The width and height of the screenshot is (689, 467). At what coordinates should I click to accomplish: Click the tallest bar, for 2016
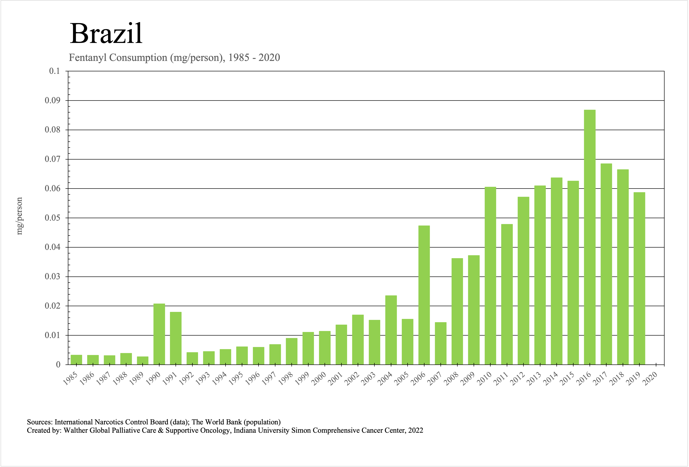590,237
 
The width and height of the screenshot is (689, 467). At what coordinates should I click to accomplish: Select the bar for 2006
424,295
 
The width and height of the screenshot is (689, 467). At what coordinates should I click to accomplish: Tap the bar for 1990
159,334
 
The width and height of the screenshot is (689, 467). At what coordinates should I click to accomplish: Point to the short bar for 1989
143,361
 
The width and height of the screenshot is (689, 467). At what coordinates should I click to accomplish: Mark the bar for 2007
441,343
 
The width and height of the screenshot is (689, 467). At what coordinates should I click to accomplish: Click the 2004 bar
391,330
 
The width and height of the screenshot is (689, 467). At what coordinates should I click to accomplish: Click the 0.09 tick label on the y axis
52,101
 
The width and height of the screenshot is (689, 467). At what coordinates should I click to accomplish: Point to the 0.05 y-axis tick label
52,218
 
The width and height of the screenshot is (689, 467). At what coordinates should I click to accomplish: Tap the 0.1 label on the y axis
54,71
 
